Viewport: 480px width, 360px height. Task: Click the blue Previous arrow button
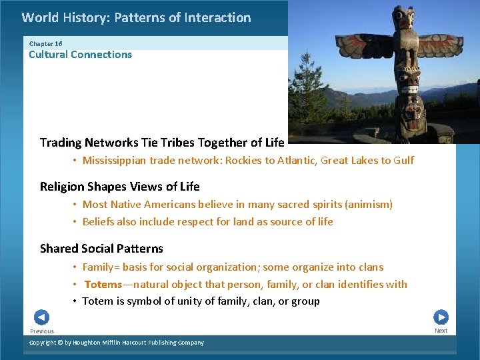click(41, 317)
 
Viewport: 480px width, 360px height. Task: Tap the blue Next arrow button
click(441, 317)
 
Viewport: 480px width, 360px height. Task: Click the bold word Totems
click(103, 285)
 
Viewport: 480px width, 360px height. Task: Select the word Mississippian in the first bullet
click(114, 161)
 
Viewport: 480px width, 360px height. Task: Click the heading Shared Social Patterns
click(101, 249)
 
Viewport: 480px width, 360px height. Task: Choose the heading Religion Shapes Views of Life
click(119, 187)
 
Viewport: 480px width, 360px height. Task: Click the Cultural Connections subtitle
click(80, 55)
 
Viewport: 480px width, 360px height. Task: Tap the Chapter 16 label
click(45, 43)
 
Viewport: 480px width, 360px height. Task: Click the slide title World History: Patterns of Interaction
click(136, 18)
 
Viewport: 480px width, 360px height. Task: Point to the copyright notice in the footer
click(117, 343)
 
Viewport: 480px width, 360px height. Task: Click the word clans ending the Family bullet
click(370, 267)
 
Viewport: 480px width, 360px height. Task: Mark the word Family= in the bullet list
click(102, 267)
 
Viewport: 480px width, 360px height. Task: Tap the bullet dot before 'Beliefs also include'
click(75, 222)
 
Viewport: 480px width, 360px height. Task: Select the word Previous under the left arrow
click(42, 331)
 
